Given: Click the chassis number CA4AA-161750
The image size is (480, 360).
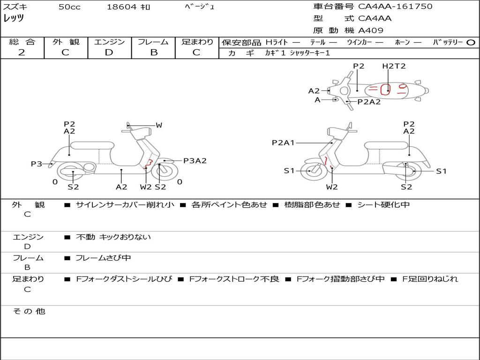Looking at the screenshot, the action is pos(395,7).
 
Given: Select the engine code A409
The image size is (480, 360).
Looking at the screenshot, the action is pos(371,30).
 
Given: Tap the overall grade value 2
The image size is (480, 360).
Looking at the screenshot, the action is pos(22,52).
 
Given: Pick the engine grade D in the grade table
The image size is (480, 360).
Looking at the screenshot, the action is pos(109,52).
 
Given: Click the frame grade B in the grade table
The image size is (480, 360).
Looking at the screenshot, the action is pos(153,52).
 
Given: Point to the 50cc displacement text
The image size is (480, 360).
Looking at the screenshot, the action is pos(69,7).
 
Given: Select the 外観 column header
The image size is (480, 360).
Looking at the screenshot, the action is pos(66,42).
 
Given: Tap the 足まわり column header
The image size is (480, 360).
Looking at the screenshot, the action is pos(197,42).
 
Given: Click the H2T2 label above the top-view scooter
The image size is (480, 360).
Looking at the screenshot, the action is pos(394,66).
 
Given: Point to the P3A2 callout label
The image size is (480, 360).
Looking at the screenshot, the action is pos(195,161).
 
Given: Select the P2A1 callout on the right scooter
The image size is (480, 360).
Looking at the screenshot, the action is pos(283,142).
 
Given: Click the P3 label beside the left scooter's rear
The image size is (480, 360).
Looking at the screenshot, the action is pos(37,164).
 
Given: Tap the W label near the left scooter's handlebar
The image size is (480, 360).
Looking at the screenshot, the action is pos(159,125).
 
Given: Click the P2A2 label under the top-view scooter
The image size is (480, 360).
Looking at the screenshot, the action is pos(369,102).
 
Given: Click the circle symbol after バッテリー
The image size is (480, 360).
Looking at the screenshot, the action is pos(471,42).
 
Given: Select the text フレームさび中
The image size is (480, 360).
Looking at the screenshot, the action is pos(103,258).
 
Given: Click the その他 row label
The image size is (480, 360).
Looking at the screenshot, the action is pos(29,311).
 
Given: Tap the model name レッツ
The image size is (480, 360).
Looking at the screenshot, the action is pos(14,18).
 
